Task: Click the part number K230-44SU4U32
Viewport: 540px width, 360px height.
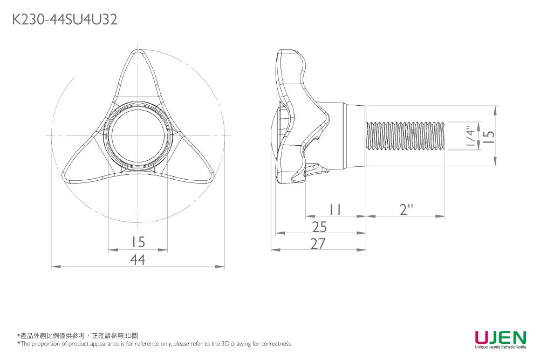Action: [64, 20]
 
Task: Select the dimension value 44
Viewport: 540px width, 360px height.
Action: [138, 260]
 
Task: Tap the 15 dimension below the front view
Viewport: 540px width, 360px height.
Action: [138, 242]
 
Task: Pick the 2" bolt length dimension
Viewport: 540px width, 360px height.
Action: [406, 209]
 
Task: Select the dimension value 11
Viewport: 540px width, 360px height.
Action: [335, 209]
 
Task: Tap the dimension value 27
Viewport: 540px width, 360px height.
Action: [318, 244]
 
